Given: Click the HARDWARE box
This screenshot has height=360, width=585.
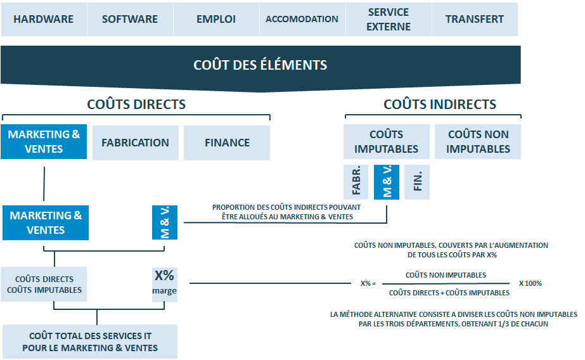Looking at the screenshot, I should click(x=43, y=19).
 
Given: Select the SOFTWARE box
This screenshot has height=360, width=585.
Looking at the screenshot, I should click(x=130, y=19).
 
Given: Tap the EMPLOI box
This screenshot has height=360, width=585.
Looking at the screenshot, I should click(x=216, y=19).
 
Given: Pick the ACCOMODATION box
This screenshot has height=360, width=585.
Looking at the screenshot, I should click(x=302, y=19).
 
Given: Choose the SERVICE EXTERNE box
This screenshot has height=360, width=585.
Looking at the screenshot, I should click(x=389, y=19).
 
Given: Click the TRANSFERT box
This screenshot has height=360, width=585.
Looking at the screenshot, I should click(x=475, y=19).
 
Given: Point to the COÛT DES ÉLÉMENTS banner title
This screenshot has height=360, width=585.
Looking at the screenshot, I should click(x=260, y=65).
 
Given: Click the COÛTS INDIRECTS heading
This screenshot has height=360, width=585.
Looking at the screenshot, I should click(x=439, y=105).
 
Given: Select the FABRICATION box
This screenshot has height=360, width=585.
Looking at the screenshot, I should click(x=135, y=143).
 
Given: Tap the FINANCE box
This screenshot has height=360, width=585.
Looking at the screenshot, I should click(x=227, y=143).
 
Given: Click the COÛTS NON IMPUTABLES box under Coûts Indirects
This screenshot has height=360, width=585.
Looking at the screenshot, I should click(x=478, y=141).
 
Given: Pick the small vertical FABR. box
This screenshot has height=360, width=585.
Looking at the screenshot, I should click(x=356, y=182).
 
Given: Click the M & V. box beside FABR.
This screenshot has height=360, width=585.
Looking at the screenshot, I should click(x=387, y=182).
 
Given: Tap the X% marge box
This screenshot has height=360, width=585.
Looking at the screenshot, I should click(x=164, y=283).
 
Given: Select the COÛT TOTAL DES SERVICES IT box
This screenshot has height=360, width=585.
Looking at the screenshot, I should click(x=90, y=342).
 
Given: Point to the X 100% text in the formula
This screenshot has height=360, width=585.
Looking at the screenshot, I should click(x=530, y=283).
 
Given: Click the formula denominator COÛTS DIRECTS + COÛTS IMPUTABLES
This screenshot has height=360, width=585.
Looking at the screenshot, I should click(x=449, y=293).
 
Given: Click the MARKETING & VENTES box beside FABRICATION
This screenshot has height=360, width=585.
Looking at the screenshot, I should click(x=44, y=142).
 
